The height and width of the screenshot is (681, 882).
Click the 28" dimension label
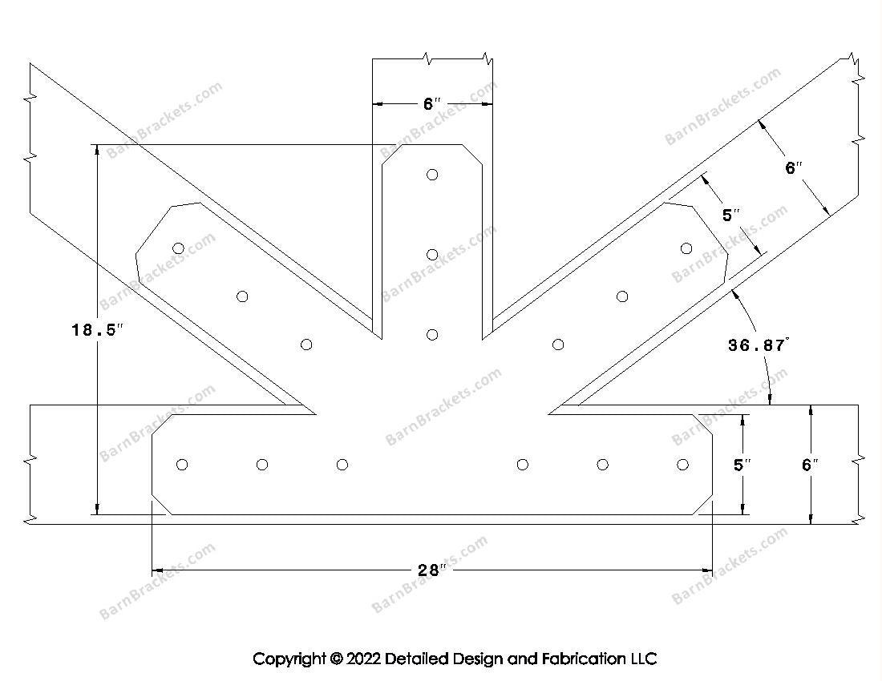click(431, 570)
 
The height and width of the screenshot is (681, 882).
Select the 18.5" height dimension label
click(98, 329)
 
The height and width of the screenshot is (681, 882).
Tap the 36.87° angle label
click(759, 345)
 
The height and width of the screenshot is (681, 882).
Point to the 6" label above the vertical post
click(432, 104)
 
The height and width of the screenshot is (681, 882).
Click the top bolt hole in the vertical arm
click(432, 175)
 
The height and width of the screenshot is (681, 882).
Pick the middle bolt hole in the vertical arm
click(432, 255)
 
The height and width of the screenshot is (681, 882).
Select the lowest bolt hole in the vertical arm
click(432, 334)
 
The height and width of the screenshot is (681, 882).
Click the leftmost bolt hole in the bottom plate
click(182, 465)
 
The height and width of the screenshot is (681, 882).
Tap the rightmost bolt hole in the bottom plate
click(682, 465)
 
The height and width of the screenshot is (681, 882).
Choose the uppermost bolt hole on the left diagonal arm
click(178, 248)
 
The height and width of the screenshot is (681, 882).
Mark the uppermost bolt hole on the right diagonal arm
click(686, 248)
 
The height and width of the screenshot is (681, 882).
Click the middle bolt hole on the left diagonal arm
click(242, 296)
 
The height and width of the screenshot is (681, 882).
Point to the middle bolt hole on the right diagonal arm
click(622, 296)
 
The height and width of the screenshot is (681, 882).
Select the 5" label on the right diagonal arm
click(731, 215)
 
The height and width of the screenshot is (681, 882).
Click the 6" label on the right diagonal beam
click(793, 168)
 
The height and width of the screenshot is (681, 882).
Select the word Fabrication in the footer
click(583, 659)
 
